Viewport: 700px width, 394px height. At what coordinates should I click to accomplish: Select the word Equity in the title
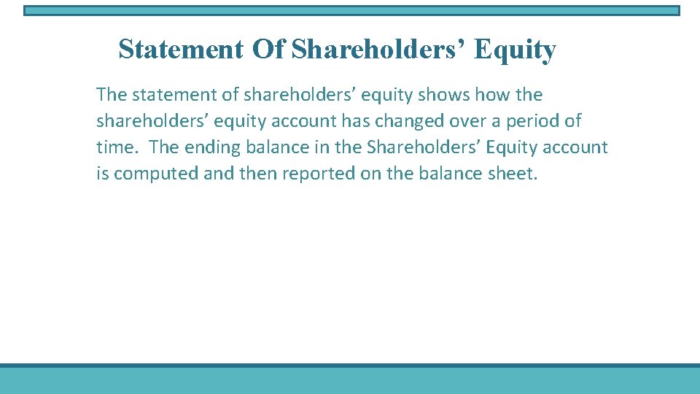click(x=515, y=50)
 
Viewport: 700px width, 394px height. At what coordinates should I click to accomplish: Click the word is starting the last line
click(x=102, y=174)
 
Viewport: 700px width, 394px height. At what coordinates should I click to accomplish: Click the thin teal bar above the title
click(x=351, y=11)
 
